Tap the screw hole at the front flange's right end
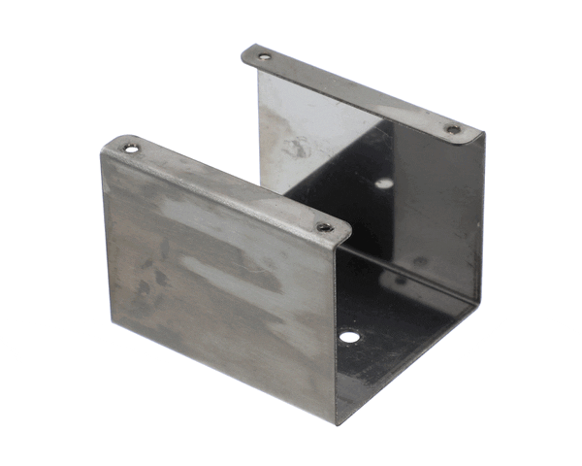(325, 228)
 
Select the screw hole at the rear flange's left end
(263, 56)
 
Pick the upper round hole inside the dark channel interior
(385, 183)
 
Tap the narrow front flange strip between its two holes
(228, 188)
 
